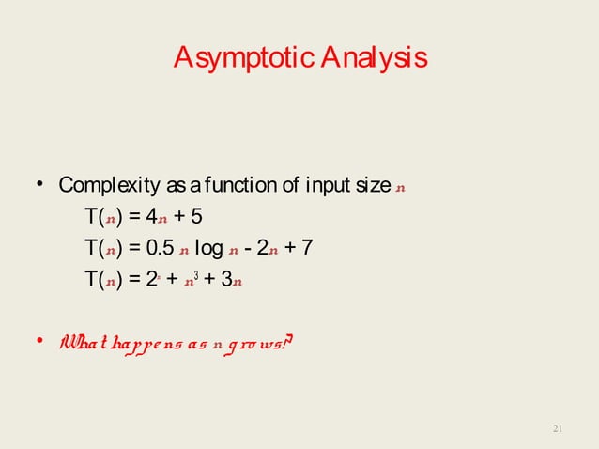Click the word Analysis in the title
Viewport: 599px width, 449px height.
[x=373, y=58]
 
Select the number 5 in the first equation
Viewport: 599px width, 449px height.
[x=195, y=218]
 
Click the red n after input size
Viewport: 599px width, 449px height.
[x=401, y=186]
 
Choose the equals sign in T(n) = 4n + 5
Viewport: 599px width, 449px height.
[x=134, y=218]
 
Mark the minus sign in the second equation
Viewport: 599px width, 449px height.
[x=254, y=249]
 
